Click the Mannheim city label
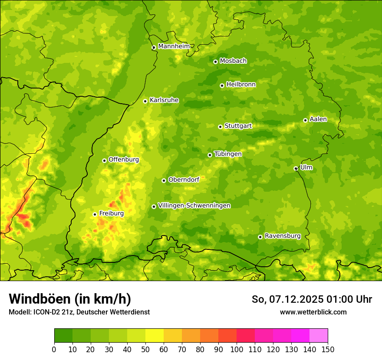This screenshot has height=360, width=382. [x=174, y=46]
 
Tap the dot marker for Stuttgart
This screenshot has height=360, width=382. [x=220, y=127]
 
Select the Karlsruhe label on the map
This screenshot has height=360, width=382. [x=164, y=100]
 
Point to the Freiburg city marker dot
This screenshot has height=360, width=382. [x=95, y=214]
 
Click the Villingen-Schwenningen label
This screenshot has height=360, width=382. [x=194, y=206]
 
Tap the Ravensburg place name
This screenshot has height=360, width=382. [x=282, y=236]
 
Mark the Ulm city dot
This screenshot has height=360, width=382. [x=296, y=168]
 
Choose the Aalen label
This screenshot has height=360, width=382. [x=318, y=119]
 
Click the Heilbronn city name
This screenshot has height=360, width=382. [x=241, y=85]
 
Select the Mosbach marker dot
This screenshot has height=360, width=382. [x=215, y=62]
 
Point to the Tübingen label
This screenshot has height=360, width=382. [x=227, y=154]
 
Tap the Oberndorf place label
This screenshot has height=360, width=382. [x=184, y=180]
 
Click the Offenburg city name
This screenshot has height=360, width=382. [x=123, y=160]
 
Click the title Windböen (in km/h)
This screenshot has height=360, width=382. [x=69, y=299]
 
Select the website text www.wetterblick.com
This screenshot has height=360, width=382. [x=313, y=312]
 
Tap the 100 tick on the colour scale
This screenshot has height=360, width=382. [x=237, y=349]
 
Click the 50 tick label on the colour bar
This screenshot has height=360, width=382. [x=145, y=349]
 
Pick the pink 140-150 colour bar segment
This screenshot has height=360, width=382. [x=319, y=335]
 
